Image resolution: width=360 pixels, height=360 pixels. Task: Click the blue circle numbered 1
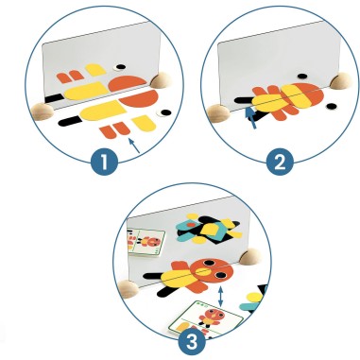click(x=104, y=163)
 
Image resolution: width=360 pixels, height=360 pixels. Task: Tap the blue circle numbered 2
click(x=280, y=162)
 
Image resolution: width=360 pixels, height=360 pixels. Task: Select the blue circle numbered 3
click(x=192, y=341)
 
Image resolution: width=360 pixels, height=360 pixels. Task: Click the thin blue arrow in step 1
click(x=134, y=146)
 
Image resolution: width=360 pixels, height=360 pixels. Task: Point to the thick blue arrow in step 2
click(x=251, y=118)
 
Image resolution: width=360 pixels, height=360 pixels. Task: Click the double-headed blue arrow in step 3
click(x=221, y=297)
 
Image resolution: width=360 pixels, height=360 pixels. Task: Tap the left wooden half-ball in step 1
click(x=43, y=111)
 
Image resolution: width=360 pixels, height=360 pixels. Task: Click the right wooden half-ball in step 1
click(x=160, y=80)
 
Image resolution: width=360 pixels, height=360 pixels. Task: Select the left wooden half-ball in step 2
click(x=218, y=113)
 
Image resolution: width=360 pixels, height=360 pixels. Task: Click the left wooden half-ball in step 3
click(x=129, y=289)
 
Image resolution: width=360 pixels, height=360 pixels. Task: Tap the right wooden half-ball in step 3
click(x=250, y=256)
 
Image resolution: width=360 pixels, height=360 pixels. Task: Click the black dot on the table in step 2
click(x=331, y=106)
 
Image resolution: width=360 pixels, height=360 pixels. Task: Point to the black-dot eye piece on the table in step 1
click(x=164, y=112)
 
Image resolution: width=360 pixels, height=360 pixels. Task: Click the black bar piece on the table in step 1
click(x=70, y=121)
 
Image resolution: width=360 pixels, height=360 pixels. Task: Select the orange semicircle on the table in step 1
click(x=139, y=98)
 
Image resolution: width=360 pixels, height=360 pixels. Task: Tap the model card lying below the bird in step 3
click(x=206, y=318)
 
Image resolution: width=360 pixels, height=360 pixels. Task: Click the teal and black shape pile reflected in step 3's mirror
click(x=208, y=230)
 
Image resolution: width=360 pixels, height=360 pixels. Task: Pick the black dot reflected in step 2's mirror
click(x=302, y=76)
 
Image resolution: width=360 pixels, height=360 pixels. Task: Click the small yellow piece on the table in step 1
click(x=144, y=123)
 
